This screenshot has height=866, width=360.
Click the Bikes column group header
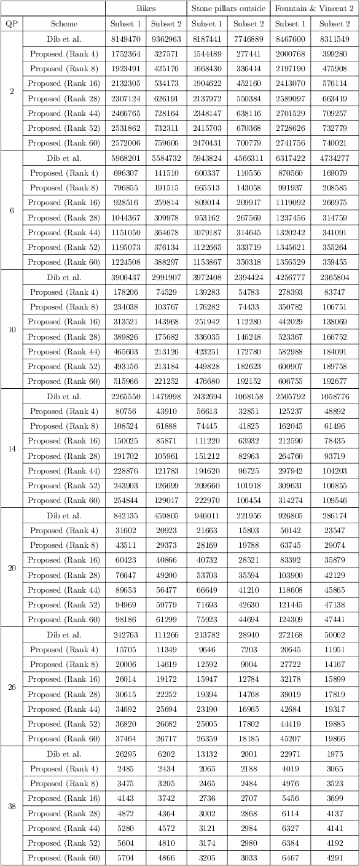coord(146,9)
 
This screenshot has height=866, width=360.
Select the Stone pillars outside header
coord(228,9)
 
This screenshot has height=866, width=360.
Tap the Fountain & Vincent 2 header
coord(314,9)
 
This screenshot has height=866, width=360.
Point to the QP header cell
coord(12,24)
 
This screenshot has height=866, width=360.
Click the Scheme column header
coord(64,24)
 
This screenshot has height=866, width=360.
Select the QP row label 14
coord(12,448)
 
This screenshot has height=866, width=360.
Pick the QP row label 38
coord(12,806)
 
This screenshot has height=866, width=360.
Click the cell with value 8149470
coord(125,39)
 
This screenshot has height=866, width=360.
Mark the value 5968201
coord(125,158)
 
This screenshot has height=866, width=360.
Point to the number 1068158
coord(249,396)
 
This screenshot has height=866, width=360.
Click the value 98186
coord(125,620)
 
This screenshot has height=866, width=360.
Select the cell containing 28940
coord(249,634)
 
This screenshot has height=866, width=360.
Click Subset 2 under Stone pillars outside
coord(249,24)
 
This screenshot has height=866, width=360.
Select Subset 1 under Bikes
coord(125,24)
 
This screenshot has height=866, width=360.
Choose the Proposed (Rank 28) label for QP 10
coord(64,337)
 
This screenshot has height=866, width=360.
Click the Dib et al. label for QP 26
coord(64,634)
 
